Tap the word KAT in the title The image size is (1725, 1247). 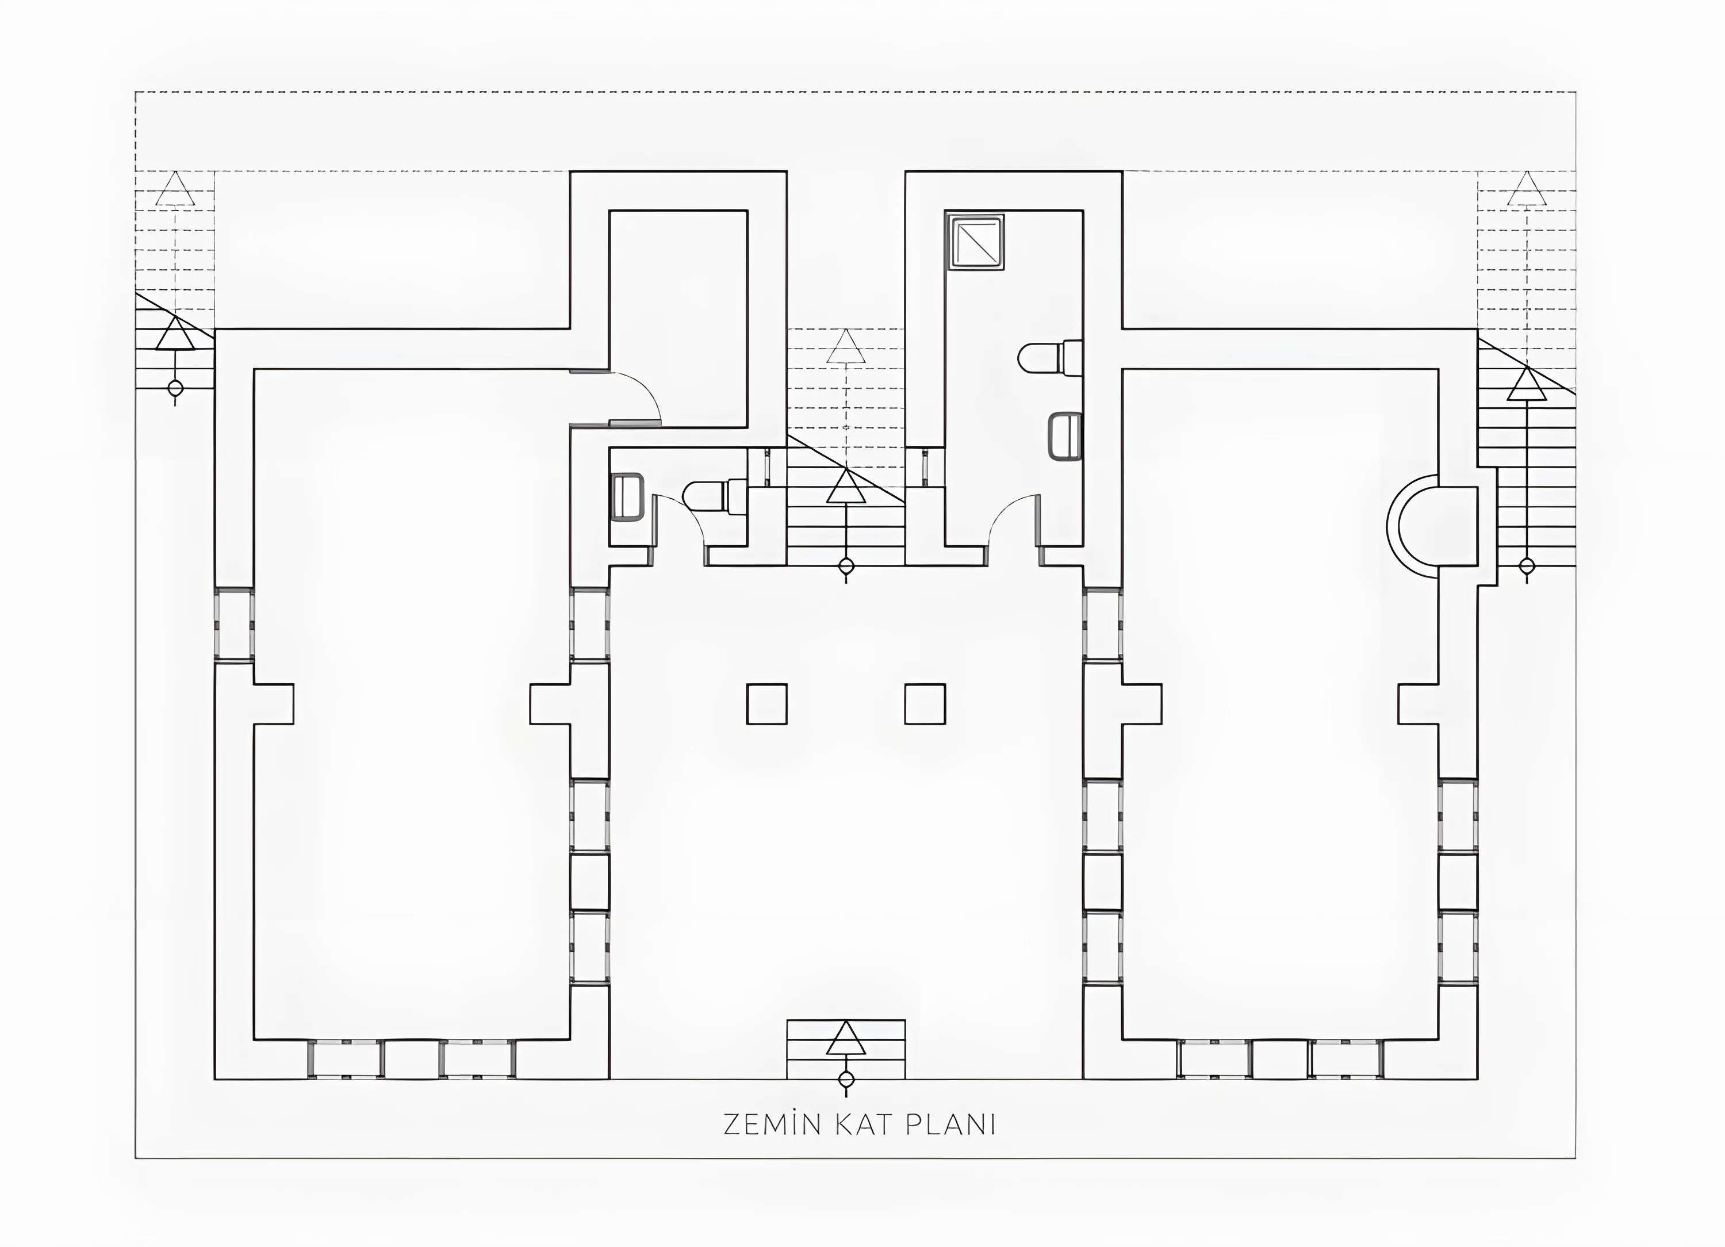tap(868, 1124)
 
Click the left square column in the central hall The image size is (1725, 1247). tap(766, 704)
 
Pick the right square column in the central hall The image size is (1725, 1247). tap(925, 704)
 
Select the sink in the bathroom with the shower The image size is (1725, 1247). tap(1065, 437)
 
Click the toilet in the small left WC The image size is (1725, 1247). tap(715, 496)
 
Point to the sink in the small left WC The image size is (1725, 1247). tap(627, 497)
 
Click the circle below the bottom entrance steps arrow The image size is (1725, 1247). tap(846, 1080)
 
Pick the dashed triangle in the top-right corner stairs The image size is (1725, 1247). tap(1527, 188)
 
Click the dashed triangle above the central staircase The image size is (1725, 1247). tap(846, 346)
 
